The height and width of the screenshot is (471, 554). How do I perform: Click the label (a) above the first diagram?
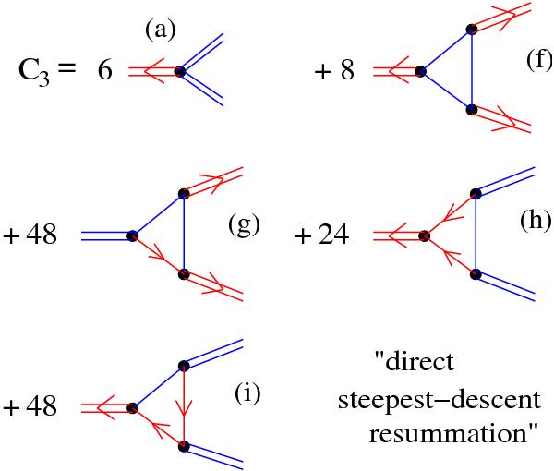pyautogui.click(x=161, y=31)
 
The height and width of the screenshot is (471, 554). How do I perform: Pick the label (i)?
pyautogui.click(x=247, y=395)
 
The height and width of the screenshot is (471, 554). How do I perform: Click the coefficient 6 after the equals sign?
pyautogui.click(x=104, y=71)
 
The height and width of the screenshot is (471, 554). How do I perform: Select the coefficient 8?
pyautogui.click(x=347, y=71)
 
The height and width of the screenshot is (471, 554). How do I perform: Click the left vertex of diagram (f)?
pyautogui.click(x=421, y=70)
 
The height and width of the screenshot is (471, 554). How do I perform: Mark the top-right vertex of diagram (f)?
pyautogui.click(x=472, y=30)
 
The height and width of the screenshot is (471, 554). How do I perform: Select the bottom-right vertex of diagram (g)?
pyautogui.click(x=184, y=274)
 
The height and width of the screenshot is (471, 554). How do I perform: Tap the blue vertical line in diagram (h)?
pyautogui.click(x=476, y=234)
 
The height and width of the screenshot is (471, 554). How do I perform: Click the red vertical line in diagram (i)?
pyautogui.click(x=185, y=406)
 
